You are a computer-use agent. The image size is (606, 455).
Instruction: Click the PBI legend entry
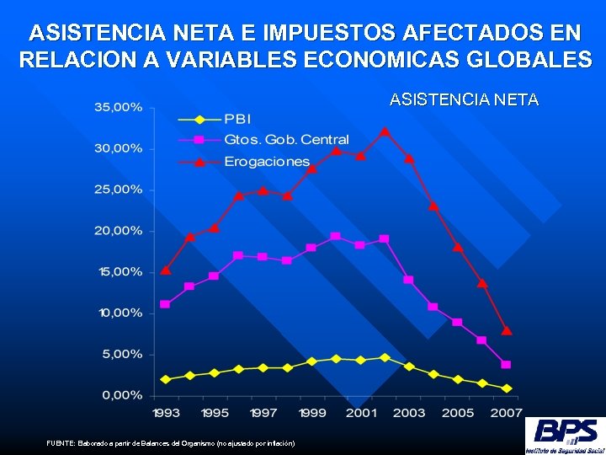coord(237,119)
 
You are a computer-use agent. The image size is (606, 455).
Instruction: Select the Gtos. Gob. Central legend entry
coord(286,139)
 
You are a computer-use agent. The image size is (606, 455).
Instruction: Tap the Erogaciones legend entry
coord(267,161)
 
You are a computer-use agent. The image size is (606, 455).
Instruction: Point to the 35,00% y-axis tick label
coord(118,108)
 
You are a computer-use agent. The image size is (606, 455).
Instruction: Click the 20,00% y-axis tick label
coord(118,231)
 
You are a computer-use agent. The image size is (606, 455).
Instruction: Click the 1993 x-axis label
coord(165,413)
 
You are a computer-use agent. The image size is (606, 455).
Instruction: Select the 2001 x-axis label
coord(360,413)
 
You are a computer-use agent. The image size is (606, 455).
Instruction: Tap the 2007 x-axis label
coord(507,413)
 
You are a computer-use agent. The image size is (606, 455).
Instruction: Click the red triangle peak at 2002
coord(385,131)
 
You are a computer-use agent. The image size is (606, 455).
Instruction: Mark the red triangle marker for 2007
coord(507,330)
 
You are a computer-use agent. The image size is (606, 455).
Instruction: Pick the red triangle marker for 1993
coord(166,270)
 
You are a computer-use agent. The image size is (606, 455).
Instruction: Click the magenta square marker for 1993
coord(165,304)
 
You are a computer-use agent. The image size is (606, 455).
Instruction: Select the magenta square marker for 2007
coord(507,365)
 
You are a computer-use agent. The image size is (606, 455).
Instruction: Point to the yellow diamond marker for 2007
coord(507,388)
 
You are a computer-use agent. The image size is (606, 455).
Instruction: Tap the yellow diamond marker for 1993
coord(165,379)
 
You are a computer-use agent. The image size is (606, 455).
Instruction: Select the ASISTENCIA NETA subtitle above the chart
coord(464,100)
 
